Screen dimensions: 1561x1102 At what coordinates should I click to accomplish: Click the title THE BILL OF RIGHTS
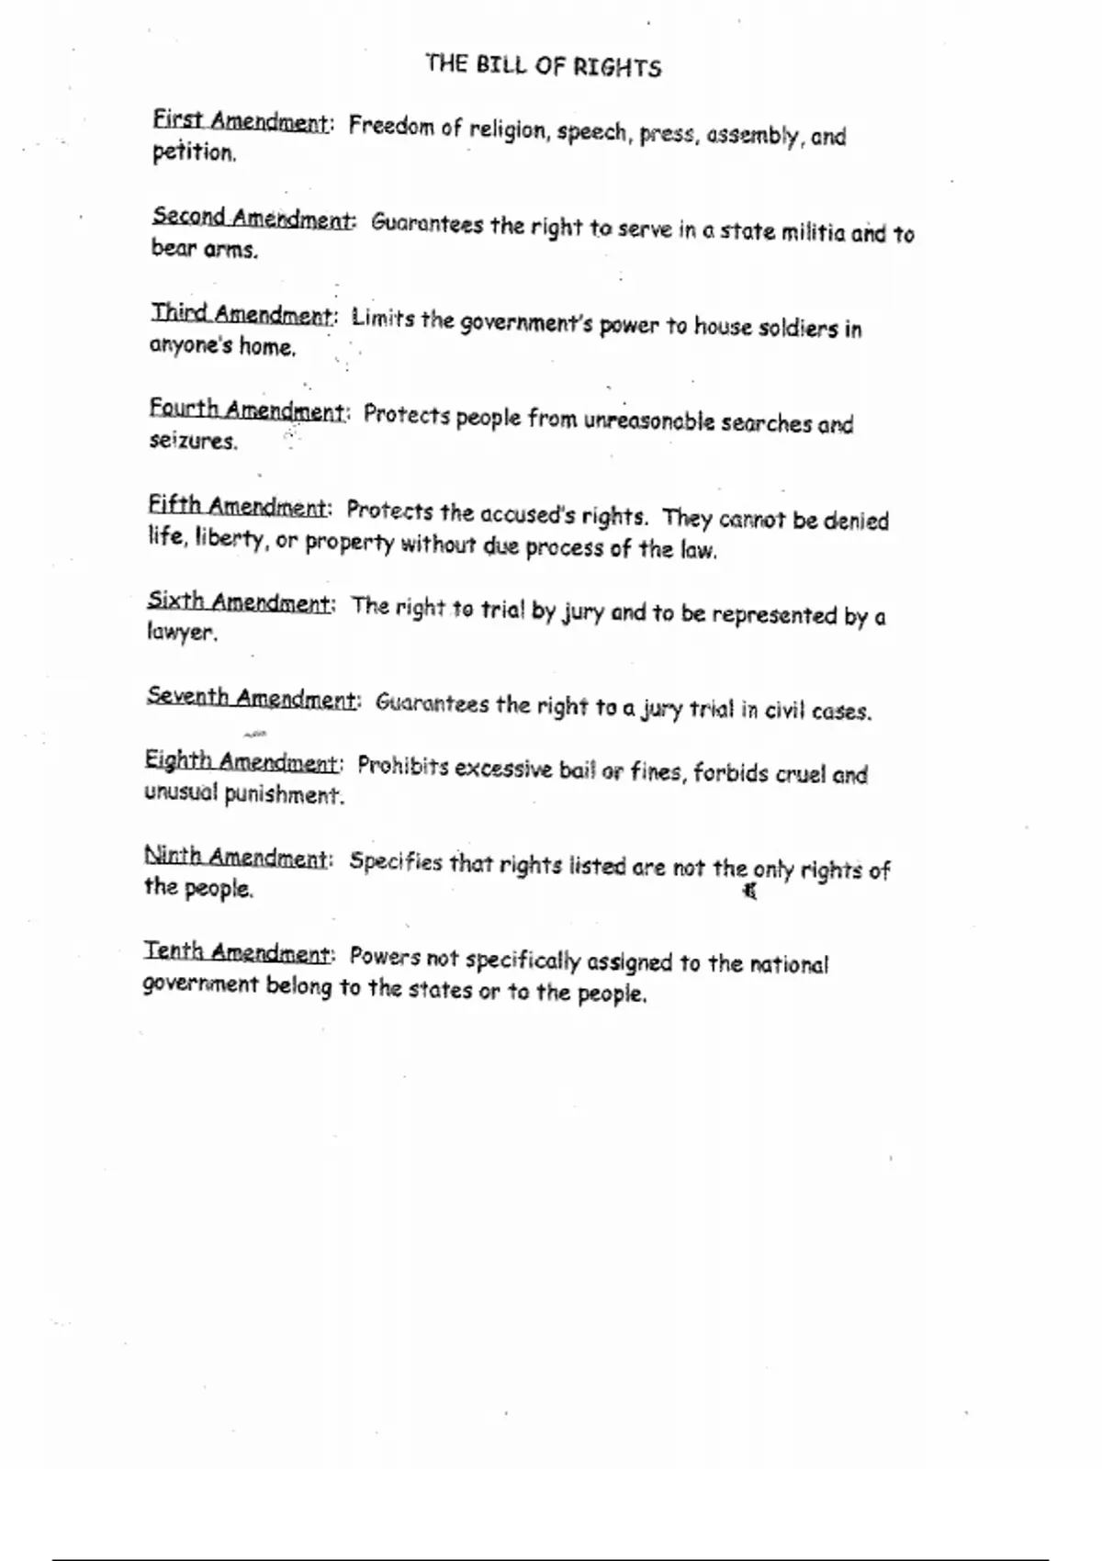[x=543, y=65]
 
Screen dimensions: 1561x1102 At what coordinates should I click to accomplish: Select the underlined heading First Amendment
[x=240, y=121]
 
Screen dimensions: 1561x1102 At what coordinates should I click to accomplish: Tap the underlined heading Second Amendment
[x=252, y=219]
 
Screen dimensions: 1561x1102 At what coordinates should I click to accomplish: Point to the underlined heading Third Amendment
[x=242, y=315]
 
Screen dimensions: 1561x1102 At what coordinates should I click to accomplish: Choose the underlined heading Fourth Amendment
[x=247, y=410]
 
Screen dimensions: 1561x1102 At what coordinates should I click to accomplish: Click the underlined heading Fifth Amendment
[x=237, y=506]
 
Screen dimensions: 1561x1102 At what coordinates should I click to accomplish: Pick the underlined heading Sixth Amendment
[x=239, y=602]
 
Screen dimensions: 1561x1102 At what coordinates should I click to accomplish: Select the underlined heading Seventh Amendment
[x=251, y=698]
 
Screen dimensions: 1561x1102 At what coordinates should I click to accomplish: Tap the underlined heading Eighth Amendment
[x=242, y=762]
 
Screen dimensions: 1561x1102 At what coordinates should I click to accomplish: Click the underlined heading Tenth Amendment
[x=236, y=952]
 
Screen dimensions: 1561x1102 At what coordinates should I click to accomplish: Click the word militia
[x=813, y=232]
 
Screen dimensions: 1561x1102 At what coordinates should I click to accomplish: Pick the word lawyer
[x=181, y=633]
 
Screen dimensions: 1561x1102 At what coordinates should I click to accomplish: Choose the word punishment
[x=284, y=794]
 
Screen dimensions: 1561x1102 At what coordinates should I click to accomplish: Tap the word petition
[x=193, y=152]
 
